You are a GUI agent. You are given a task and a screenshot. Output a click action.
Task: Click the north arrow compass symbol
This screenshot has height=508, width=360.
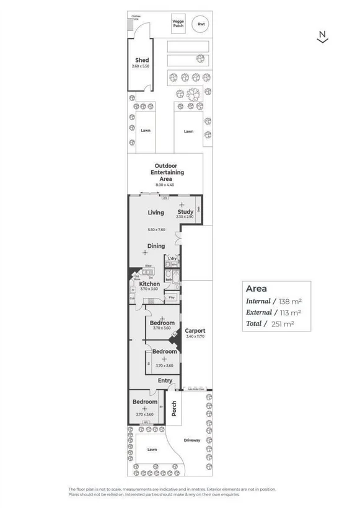(x=322, y=38)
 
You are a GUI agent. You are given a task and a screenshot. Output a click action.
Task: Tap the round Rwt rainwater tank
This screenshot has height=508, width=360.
(x=200, y=25)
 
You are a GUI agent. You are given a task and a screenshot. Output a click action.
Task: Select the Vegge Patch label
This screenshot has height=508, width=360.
(x=178, y=24)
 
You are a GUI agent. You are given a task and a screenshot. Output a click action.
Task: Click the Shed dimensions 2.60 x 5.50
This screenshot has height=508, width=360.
(x=141, y=66)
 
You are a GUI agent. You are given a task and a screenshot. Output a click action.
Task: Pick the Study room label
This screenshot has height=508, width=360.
(x=185, y=212)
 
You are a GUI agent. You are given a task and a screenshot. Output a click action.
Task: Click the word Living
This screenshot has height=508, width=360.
(x=156, y=212)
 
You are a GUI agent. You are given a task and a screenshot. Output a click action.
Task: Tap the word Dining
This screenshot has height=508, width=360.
(x=156, y=246)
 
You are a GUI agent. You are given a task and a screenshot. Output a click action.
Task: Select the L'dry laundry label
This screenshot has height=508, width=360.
(x=172, y=258)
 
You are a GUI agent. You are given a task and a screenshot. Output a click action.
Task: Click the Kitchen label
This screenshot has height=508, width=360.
(x=149, y=284)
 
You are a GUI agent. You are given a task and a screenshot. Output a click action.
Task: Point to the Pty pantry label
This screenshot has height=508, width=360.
(x=172, y=298)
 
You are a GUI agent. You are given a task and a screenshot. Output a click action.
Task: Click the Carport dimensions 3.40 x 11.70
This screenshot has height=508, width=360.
(x=195, y=337)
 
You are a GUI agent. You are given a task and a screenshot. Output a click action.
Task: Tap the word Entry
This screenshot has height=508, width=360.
(x=165, y=380)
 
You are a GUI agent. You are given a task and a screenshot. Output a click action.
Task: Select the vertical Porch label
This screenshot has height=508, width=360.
(x=174, y=408)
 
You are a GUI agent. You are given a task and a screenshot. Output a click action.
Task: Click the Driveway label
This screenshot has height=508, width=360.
(x=192, y=440)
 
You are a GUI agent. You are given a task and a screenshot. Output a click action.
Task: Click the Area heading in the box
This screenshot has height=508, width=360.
(x=256, y=288)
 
